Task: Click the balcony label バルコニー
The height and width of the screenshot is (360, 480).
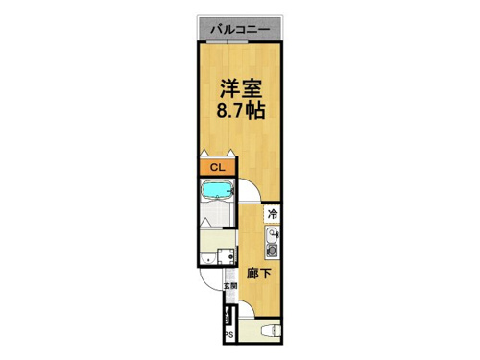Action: (x=240, y=30)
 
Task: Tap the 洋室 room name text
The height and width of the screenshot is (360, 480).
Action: (x=241, y=88)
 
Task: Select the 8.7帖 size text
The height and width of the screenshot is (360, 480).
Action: (x=241, y=110)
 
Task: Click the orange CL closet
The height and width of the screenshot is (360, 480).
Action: (x=218, y=167)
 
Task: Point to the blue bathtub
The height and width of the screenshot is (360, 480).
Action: (x=217, y=190)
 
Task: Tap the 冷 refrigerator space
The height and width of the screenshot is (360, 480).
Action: (x=273, y=214)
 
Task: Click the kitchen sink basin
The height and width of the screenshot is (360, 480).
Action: (x=272, y=235)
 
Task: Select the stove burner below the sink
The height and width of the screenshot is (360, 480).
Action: (x=272, y=251)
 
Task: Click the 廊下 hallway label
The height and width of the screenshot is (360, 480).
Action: (x=258, y=274)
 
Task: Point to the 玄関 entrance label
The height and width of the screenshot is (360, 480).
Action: (x=230, y=286)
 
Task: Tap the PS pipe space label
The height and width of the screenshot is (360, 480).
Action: (x=230, y=335)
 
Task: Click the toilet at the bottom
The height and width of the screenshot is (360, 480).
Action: (x=271, y=330)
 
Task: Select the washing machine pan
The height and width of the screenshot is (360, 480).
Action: (x=227, y=256)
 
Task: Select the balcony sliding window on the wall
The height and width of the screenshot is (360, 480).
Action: (x=227, y=42)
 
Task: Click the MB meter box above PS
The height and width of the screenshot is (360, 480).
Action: (x=227, y=315)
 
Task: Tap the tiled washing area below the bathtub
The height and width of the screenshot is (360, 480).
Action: (x=215, y=214)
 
